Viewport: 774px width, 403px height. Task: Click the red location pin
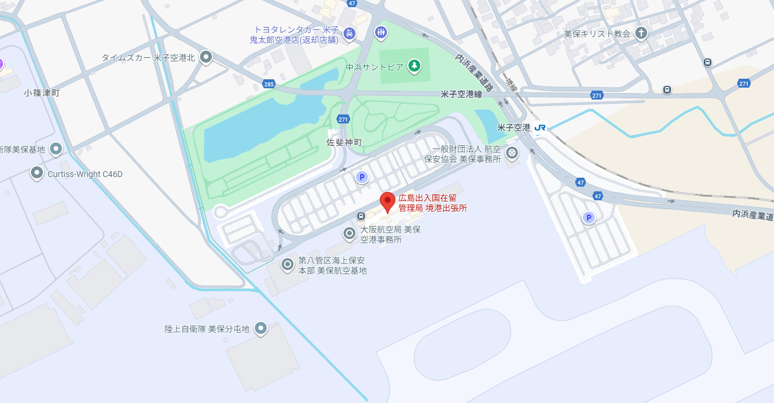point(388,201)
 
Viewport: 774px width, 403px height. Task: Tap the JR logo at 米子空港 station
point(540,128)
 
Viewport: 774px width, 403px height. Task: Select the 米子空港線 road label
point(461,94)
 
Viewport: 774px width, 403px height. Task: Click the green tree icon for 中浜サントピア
point(414,66)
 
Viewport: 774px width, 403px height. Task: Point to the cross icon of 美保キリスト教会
point(641,33)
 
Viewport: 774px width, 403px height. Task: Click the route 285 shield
point(269,84)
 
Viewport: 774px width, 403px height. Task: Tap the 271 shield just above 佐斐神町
point(343,119)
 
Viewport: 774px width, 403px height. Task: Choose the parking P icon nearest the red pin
point(361,177)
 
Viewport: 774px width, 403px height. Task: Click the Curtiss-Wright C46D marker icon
point(37,173)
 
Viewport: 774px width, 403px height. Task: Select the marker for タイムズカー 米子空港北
point(206,57)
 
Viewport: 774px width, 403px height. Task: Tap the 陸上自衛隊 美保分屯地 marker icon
point(260,328)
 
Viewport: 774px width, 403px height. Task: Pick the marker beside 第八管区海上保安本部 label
point(288,263)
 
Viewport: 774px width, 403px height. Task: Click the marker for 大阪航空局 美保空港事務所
point(350,233)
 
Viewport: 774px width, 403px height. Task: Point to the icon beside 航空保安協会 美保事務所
point(511,153)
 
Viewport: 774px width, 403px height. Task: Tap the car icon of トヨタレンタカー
point(349,33)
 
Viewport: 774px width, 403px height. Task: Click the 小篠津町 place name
point(42,93)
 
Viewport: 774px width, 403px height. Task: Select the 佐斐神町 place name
point(344,142)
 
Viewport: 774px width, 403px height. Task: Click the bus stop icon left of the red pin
point(361,216)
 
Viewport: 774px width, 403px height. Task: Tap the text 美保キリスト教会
point(597,33)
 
